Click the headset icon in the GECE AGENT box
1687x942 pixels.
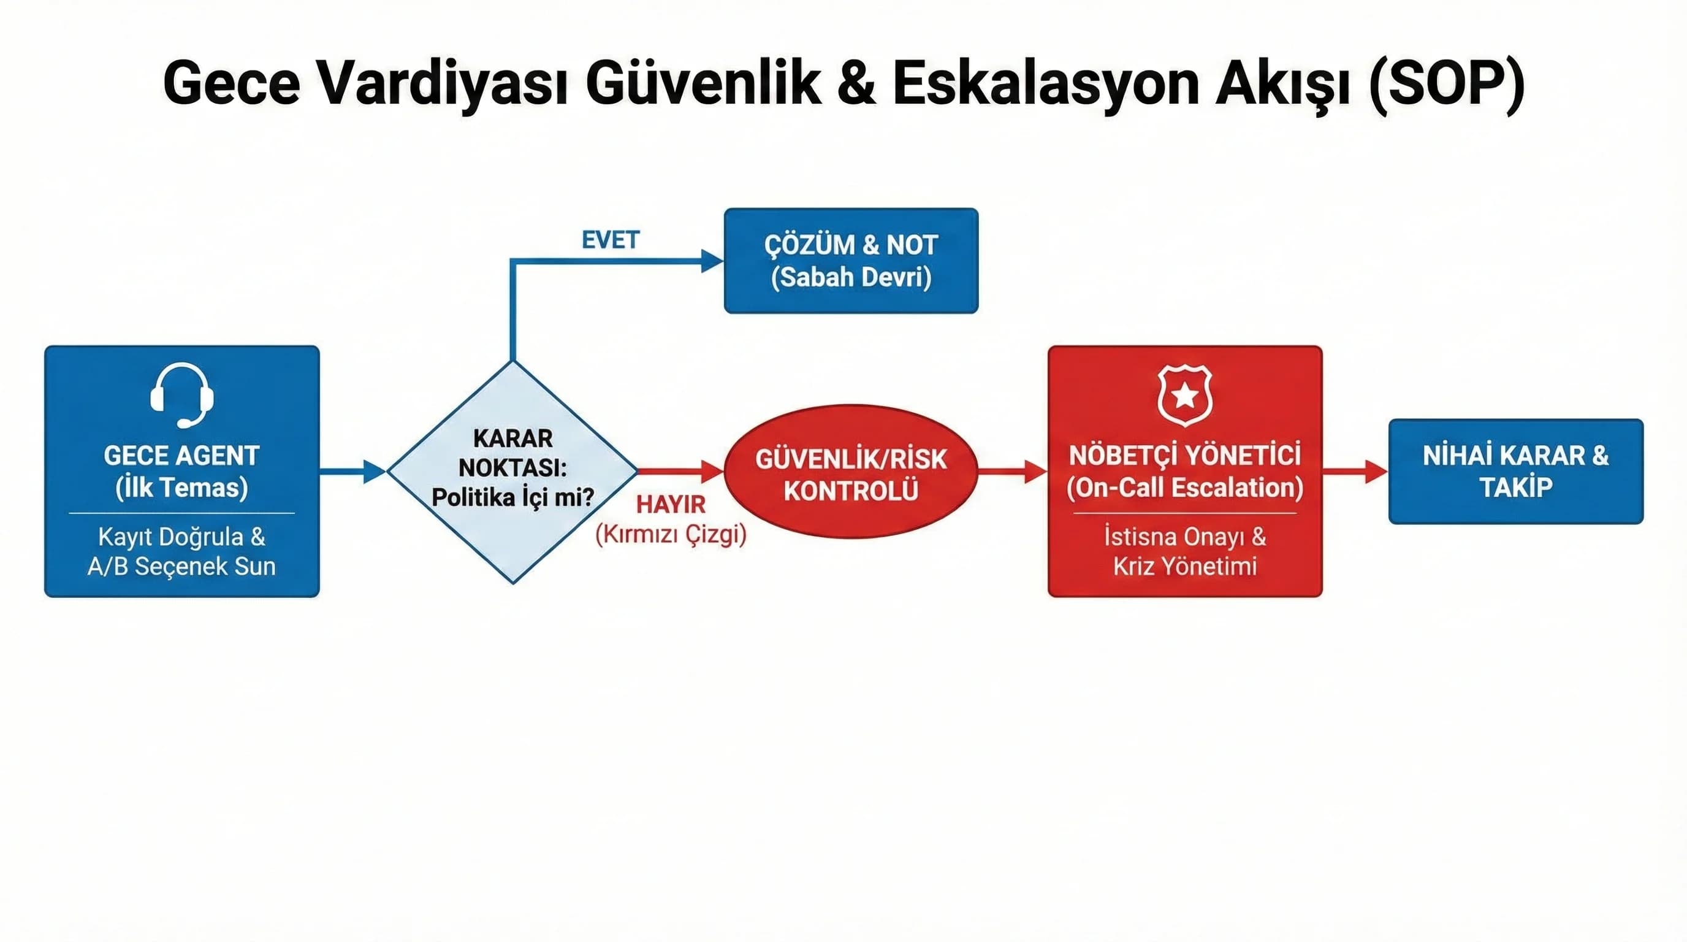[181, 395]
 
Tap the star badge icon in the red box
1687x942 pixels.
[1185, 395]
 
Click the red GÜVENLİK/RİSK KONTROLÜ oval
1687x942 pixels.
[851, 472]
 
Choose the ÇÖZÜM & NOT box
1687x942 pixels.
[851, 261]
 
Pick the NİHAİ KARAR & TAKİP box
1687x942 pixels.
[1515, 471]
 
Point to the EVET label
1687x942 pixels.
[611, 240]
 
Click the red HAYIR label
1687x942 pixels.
[671, 504]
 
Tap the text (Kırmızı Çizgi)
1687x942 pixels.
[671, 535]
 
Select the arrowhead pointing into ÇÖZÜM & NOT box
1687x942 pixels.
[711, 261]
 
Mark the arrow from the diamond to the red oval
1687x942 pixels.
[681, 471]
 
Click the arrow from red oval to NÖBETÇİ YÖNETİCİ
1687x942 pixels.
[1013, 471]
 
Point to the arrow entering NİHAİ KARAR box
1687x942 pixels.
[1355, 471]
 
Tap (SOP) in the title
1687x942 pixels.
[1447, 83]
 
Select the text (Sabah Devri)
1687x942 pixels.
[851, 277]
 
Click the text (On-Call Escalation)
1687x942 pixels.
[1185, 488]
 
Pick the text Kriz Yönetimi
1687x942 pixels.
[1185, 566]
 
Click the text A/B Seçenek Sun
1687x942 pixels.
[181, 566]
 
